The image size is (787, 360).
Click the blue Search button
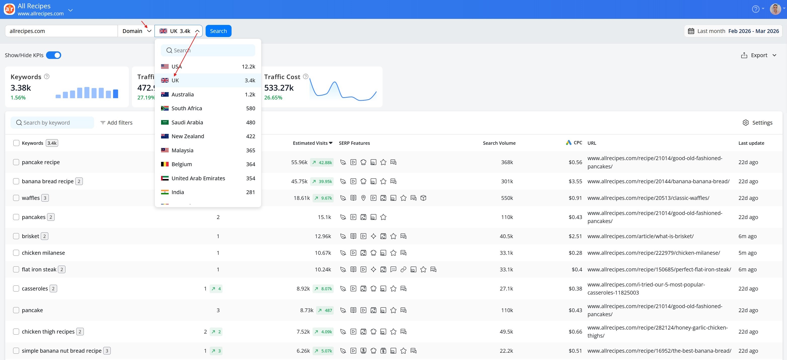pyautogui.click(x=218, y=31)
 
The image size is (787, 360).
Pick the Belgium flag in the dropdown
pyautogui.click(x=165, y=164)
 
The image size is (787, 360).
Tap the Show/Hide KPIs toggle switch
pyautogui.click(x=53, y=55)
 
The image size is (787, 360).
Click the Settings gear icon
pyautogui.click(x=745, y=123)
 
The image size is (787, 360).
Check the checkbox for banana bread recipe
pyautogui.click(x=16, y=181)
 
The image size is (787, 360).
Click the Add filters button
pyautogui.click(x=116, y=123)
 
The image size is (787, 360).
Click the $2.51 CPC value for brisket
pyautogui.click(x=575, y=236)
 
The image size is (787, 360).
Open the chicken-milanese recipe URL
pyautogui.click(x=654, y=253)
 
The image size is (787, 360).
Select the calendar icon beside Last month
pyautogui.click(x=691, y=31)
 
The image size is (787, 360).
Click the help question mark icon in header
pyautogui.click(x=755, y=9)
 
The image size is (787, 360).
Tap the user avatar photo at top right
pyautogui.click(x=775, y=9)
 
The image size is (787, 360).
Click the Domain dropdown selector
pyautogui.click(x=137, y=31)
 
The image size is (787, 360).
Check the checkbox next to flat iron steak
pyautogui.click(x=16, y=269)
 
